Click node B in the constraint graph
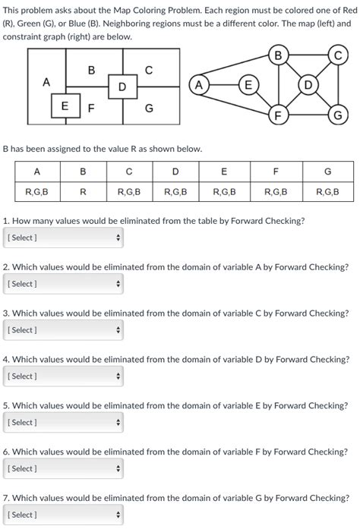point(278,55)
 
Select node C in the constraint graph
point(337,55)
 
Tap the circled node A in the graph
point(200,85)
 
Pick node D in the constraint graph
point(308,85)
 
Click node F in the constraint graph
point(278,115)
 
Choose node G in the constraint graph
point(337,115)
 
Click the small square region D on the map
point(122,87)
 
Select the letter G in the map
point(149,109)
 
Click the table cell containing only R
point(83,192)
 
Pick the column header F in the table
point(276,172)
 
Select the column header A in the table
point(37,172)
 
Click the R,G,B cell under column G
point(327,192)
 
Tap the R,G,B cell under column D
point(175,192)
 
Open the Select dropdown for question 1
point(63,238)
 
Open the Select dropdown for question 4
point(63,376)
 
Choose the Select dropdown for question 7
point(63,515)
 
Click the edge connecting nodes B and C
point(308,55)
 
